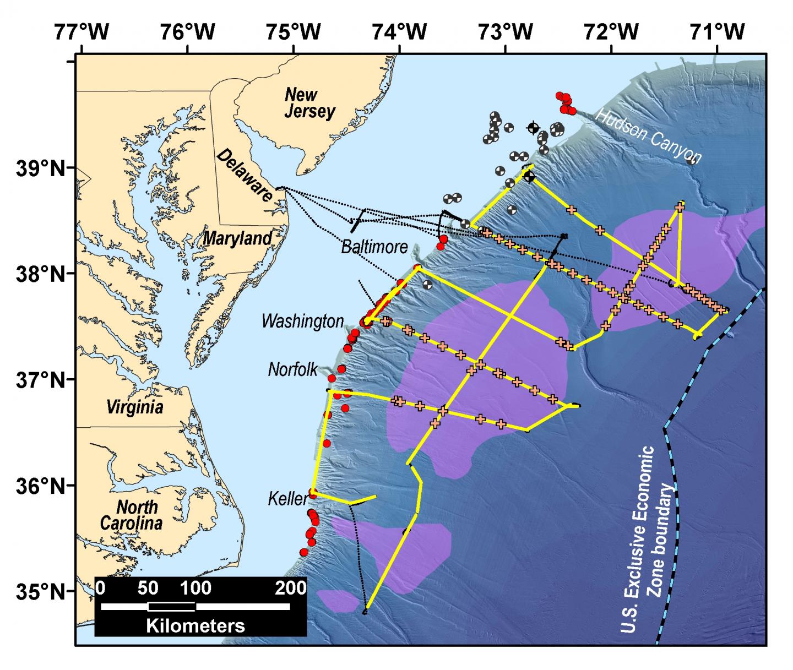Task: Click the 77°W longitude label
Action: tap(81, 32)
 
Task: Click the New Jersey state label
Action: tap(309, 103)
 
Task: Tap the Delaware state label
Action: tap(246, 176)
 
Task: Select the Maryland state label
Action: tap(237, 238)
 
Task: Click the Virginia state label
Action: tap(134, 407)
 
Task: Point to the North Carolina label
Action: tap(131, 514)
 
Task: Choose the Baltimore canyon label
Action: tap(374, 246)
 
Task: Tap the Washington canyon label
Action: tap(302, 321)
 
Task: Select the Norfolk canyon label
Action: tap(293, 369)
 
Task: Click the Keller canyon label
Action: tap(287, 499)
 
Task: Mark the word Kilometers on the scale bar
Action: tap(195, 625)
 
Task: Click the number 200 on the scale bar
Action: tap(291, 588)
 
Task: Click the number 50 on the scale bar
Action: tap(148, 588)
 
